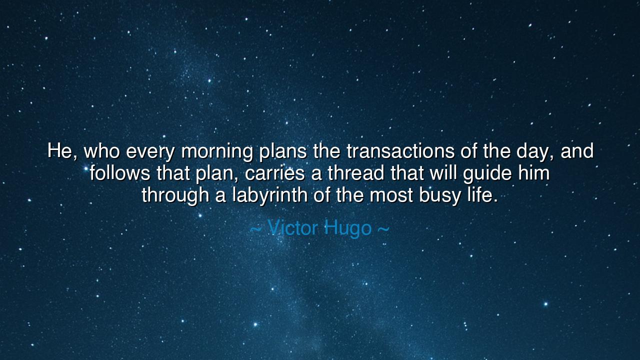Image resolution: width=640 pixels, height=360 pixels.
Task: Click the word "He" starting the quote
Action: coord(59,151)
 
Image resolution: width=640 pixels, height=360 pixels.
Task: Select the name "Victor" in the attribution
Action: coord(292,228)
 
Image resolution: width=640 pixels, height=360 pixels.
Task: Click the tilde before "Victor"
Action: coord(255,229)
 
